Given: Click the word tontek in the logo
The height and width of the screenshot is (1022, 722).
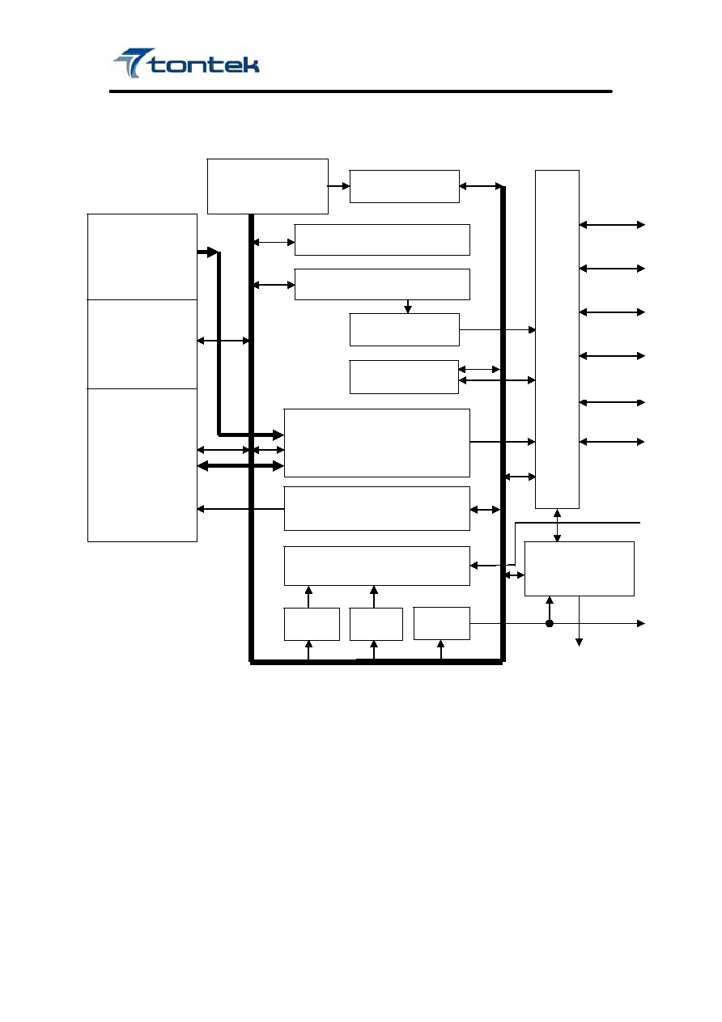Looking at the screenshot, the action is pyautogui.click(x=204, y=66).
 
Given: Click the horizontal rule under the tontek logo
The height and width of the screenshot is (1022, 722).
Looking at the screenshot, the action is pyautogui.click(x=360, y=91).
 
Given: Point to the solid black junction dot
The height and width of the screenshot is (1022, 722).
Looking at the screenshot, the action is pyautogui.click(x=550, y=623).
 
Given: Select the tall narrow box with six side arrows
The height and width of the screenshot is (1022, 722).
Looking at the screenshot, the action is pyautogui.click(x=557, y=339).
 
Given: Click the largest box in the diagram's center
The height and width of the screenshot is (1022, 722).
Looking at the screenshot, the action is pyautogui.click(x=377, y=443).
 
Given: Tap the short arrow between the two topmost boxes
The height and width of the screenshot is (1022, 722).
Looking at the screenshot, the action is pyautogui.click(x=338, y=186).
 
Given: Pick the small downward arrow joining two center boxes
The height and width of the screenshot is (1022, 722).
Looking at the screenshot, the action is pyautogui.click(x=408, y=306).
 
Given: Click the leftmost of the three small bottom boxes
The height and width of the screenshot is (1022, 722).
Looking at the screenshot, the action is pyautogui.click(x=312, y=624).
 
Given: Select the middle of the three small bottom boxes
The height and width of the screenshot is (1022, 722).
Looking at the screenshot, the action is pyautogui.click(x=376, y=624).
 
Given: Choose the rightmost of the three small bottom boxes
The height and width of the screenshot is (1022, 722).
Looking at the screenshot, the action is pyautogui.click(x=442, y=623).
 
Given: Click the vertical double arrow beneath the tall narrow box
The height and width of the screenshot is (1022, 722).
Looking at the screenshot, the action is pyautogui.click(x=557, y=525).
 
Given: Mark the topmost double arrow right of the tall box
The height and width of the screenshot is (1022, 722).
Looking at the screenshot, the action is pyautogui.click(x=612, y=224).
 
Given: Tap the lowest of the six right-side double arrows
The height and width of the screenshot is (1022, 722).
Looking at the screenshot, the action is pyautogui.click(x=612, y=442).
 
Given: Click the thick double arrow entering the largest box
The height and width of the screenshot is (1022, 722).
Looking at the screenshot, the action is pyautogui.click(x=240, y=466).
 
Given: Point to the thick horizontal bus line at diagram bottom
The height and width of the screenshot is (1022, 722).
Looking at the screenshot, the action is pyautogui.click(x=376, y=663).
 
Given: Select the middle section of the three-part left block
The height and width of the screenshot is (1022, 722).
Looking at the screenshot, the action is pyautogui.click(x=142, y=344).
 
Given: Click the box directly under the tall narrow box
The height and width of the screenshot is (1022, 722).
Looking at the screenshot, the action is pyautogui.click(x=580, y=569).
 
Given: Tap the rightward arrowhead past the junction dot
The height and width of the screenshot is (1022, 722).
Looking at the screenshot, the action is pyautogui.click(x=641, y=623).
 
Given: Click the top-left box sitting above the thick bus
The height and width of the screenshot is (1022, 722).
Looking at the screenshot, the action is pyautogui.click(x=267, y=186).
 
